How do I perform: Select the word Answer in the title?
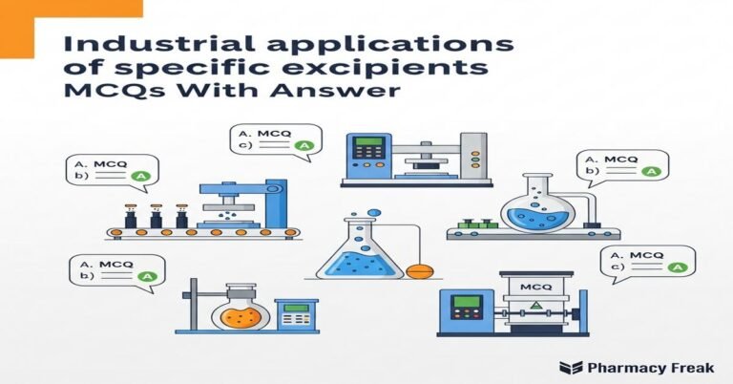tap(342, 93)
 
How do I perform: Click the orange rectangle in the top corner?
tap(72, 8)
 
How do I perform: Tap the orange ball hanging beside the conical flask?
tap(418, 271)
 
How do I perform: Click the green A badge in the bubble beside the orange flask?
tap(146, 275)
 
